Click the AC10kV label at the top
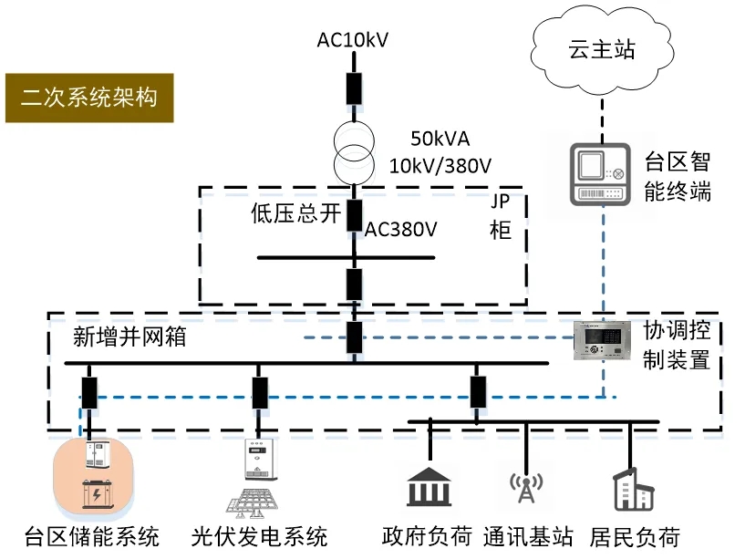point(353,40)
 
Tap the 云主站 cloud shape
point(597,50)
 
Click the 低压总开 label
point(295,214)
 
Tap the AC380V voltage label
point(401,229)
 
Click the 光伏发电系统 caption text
point(259,536)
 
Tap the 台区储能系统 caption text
point(91,536)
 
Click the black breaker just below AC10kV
point(353,88)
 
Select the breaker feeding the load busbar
point(477,391)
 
